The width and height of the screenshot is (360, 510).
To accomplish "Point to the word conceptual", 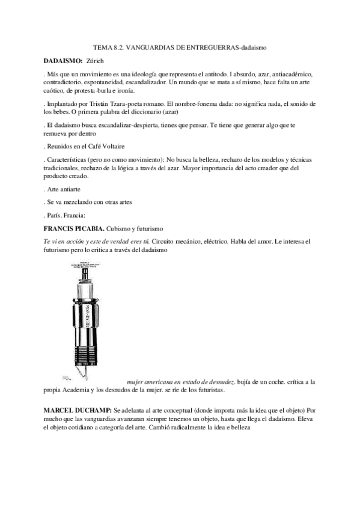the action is (x=179, y=410).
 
